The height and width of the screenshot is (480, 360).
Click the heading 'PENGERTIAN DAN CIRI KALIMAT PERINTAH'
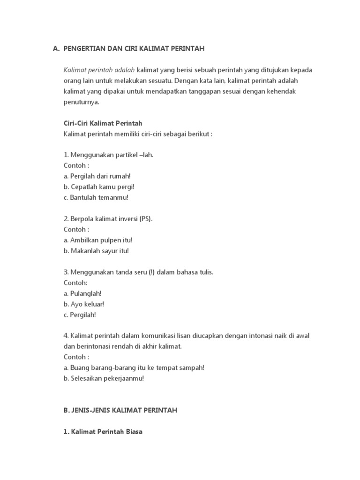click(x=134, y=48)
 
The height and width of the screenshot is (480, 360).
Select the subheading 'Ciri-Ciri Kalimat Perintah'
click(x=103, y=123)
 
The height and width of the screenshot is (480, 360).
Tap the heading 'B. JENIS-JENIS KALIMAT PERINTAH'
click(x=120, y=410)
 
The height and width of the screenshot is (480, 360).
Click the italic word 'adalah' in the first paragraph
click(x=125, y=70)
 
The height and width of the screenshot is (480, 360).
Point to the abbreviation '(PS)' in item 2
click(x=146, y=219)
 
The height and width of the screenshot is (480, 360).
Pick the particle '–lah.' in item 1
click(x=146, y=155)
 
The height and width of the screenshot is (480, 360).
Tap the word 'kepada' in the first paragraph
click(x=301, y=70)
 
